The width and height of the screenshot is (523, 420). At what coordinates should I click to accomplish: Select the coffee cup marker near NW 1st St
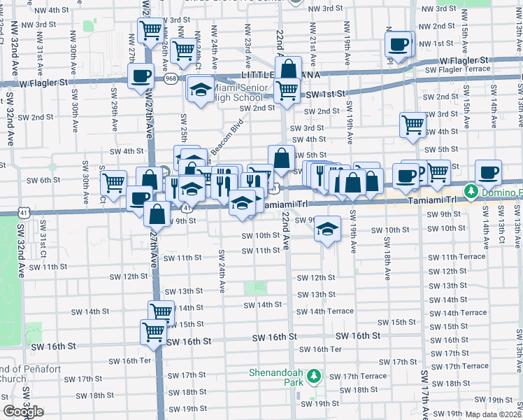pos(399,45)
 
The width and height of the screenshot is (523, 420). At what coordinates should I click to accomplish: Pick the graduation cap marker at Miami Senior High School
pos(200,90)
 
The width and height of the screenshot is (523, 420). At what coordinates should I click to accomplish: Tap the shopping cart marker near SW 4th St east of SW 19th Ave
pos(413,124)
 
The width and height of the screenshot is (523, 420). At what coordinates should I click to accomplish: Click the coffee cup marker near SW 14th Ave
pos(488,172)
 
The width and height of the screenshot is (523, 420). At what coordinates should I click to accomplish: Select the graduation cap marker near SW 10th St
pos(327,229)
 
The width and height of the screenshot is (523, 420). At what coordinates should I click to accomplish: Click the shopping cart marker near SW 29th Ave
pos(113,183)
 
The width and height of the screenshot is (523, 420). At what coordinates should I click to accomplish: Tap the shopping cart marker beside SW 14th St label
pos(162,311)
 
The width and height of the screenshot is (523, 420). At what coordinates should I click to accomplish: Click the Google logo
pos(22,412)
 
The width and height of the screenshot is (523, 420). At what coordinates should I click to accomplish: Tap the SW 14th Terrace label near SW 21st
pos(327,311)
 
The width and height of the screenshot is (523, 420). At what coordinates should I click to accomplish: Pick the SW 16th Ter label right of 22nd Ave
pos(320,349)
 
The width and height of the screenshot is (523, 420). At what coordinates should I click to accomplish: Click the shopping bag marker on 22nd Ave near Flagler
pos(287,70)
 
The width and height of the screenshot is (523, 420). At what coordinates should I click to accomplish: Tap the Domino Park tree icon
pos(472,191)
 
